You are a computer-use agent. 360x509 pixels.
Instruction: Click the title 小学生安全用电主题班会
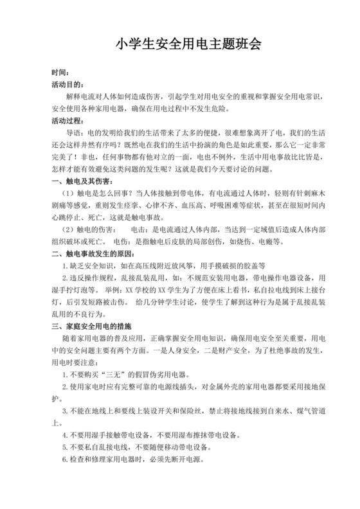point(180,44)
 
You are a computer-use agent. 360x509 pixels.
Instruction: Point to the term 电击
point(138,229)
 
